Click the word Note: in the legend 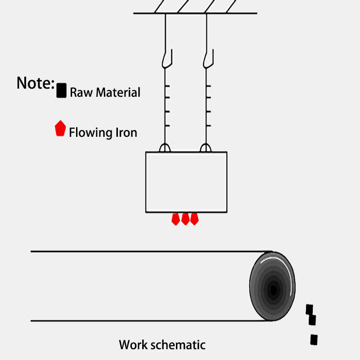click(x=36, y=83)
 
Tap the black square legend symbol click(x=62, y=90)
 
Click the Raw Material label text click(x=105, y=93)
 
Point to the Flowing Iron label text click(x=103, y=133)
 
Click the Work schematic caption click(x=162, y=345)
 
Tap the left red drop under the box click(x=176, y=219)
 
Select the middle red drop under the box click(x=185, y=219)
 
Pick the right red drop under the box click(x=194, y=219)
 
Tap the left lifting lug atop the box click(x=165, y=148)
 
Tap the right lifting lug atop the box click(x=206, y=148)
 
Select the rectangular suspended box click(x=186, y=182)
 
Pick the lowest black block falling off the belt click(x=314, y=339)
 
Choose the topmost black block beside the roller click(x=309, y=309)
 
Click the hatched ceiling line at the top click(x=195, y=13)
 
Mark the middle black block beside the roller click(x=312, y=320)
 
